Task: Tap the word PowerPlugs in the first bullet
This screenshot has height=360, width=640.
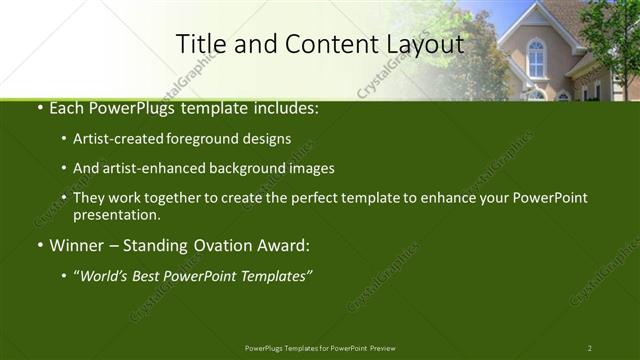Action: tap(132, 107)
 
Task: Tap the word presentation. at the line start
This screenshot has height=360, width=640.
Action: tap(116, 214)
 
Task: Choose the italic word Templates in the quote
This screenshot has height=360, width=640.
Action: tap(273, 276)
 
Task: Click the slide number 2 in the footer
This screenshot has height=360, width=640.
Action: tap(589, 347)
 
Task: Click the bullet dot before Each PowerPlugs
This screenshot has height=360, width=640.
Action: tap(38, 107)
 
